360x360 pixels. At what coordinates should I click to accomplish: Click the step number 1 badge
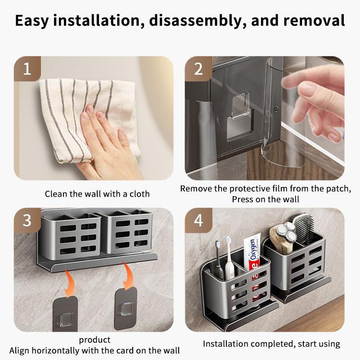click(27, 68)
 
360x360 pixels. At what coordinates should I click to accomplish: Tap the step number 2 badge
click(198, 68)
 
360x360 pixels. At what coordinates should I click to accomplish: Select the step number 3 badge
click(27, 220)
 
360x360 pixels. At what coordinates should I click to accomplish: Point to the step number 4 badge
click(198, 220)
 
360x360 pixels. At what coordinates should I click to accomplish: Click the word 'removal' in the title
click(314, 20)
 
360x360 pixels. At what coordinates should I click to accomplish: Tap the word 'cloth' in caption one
click(139, 194)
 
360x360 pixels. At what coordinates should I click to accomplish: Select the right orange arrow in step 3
click(128, 275)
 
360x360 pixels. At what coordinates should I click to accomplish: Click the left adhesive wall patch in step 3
click(65, 314)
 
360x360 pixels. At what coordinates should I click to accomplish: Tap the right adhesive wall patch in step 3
click(126, 309)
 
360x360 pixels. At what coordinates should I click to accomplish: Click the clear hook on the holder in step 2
click(241, 106)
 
